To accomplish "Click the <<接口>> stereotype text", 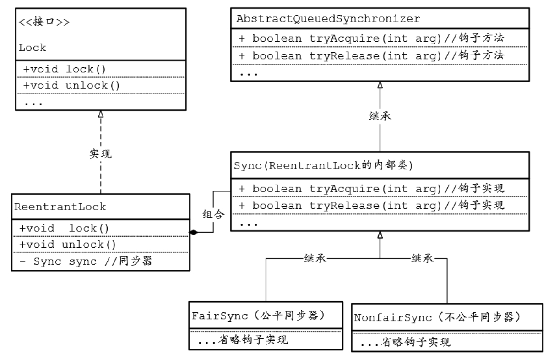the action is [x=44, y=22].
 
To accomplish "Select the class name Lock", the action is [x=33, y=48].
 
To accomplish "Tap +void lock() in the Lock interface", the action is [x=65, y=69].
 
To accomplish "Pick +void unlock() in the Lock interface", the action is [x=71, y=86].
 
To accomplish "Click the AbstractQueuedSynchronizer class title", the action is [x=328, y=19].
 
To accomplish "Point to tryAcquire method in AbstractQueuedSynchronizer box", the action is [x=371, y=38].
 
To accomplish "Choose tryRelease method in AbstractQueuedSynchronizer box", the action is [x=371, y=55].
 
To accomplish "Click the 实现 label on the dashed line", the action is [x=101, y=154].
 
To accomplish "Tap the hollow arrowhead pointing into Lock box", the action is [x=101, y=114].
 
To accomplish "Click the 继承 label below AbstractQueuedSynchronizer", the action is [x=380, y=116].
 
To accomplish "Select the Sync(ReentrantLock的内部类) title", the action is [x=324, y=165].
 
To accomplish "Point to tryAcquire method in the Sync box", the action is [x=371, y=189].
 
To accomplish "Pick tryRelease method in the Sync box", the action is [x=371, y=205].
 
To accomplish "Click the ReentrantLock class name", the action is [x=60, y=207].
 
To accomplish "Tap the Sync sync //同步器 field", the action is [x=86, y=261].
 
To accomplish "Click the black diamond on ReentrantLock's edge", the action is [x=194, y=232].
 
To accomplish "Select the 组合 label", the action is [x=213, y=214].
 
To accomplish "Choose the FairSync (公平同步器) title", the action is [x=258, y=316].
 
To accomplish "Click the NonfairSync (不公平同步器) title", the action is [x=437, y=317].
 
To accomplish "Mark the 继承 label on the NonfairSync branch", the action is [x=423, y=259].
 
